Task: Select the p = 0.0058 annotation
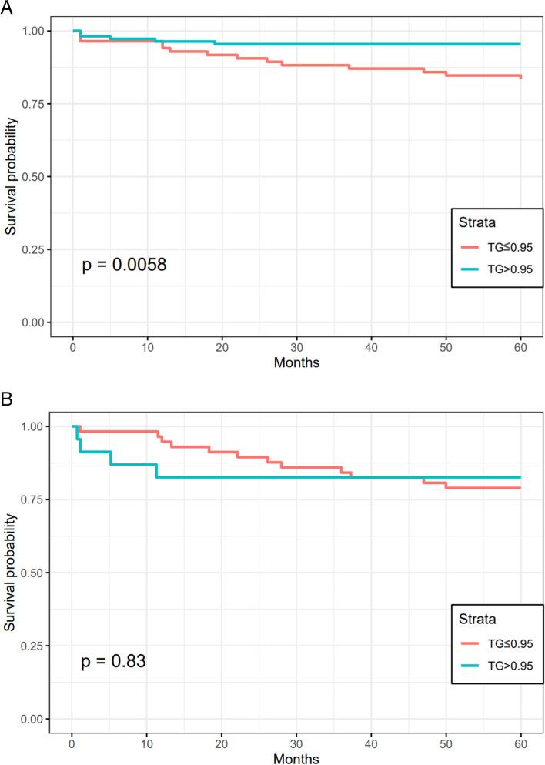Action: (124, 266)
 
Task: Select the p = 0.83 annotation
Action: (114, 662)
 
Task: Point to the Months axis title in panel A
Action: (296, 361)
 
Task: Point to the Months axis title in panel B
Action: (296, 757)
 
